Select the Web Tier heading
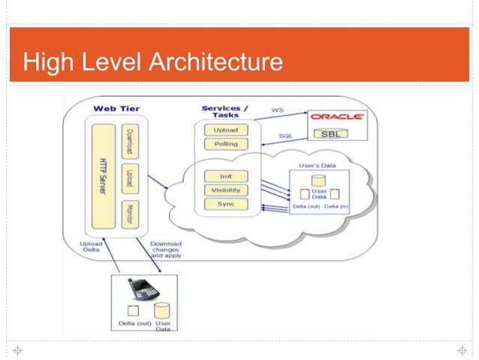pos(116,109)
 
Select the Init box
pos(225,177)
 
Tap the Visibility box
pos(225,190)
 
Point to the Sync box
pos(225,204)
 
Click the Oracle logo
pos(337,117)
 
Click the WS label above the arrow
pos(277,110)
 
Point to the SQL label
pos(286,136)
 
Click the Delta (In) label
pos(337,206)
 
